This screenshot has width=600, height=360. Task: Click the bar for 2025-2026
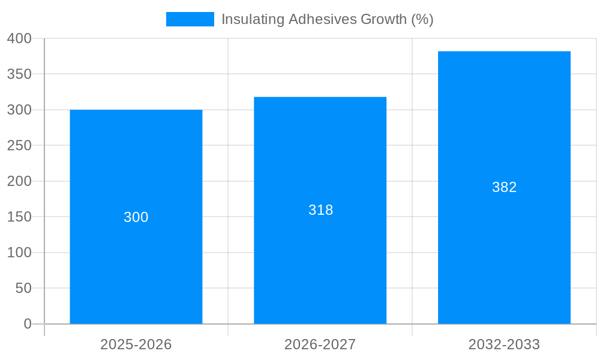136,258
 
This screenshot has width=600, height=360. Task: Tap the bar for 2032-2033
504,240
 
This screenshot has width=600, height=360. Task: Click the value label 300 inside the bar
136,217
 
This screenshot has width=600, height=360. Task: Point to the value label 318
320,210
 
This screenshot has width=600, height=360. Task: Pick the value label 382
504,187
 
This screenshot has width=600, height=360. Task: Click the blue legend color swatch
190,19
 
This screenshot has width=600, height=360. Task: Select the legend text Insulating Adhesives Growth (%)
327,19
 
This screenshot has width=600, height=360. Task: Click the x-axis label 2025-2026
136,344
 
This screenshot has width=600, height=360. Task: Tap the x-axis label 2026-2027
320,344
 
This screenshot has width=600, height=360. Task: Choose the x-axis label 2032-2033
504,344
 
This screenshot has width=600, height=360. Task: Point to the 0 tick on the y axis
28,324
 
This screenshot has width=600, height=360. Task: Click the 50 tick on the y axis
23,288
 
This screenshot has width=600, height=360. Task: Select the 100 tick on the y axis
19,253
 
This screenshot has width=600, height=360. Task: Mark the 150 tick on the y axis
19,217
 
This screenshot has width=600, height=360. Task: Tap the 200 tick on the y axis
19,181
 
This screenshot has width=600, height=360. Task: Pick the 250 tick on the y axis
19,146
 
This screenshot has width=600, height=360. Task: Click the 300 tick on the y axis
19,110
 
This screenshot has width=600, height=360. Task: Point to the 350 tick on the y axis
19,74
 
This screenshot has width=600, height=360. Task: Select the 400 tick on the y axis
19,38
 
